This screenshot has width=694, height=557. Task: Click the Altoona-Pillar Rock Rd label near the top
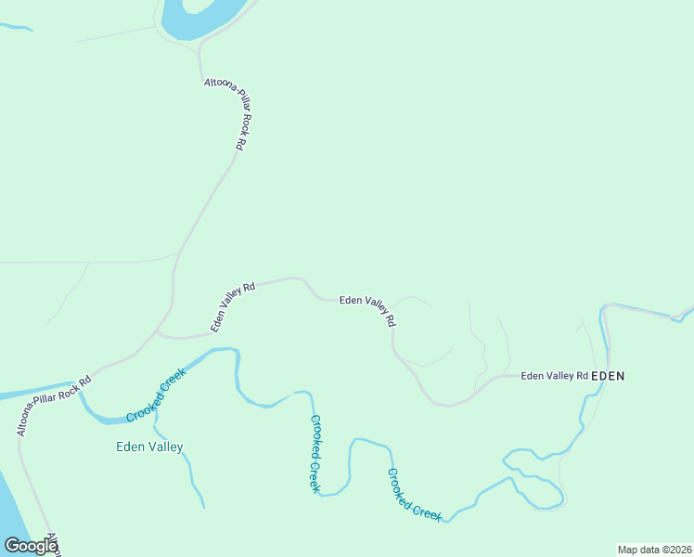225,114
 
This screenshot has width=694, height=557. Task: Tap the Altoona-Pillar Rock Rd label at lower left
54,406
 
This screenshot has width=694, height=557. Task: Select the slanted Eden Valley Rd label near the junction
232,306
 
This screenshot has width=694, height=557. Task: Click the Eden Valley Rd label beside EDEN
555,376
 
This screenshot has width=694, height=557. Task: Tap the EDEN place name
608,376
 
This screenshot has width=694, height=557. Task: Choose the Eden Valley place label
149,447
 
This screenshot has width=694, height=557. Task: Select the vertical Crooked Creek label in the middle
315,452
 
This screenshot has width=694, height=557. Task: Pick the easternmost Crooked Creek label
414,495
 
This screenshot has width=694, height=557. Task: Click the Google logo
31,546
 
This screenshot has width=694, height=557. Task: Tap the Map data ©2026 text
654,550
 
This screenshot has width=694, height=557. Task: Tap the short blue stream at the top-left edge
17,27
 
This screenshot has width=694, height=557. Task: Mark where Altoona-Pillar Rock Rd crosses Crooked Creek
82,388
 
